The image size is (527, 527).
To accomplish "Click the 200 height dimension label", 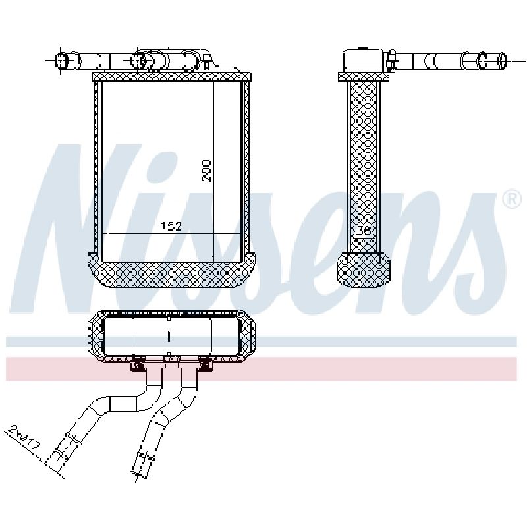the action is [x=206, y=171].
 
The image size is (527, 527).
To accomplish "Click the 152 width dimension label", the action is [x=171, y=226].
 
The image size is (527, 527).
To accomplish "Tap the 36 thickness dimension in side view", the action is [x=363, y=231].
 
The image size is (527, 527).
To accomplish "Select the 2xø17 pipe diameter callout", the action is [x=25, y=437].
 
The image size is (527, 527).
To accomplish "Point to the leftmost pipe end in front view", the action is [x=61, y=61].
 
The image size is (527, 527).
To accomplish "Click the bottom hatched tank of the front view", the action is [x=171, y=270].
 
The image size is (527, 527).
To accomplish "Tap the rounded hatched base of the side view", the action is [x=364, y=270].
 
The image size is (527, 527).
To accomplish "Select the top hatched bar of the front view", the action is [x=171, y=76].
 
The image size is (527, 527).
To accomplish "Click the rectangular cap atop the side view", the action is [x=363, y=61].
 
